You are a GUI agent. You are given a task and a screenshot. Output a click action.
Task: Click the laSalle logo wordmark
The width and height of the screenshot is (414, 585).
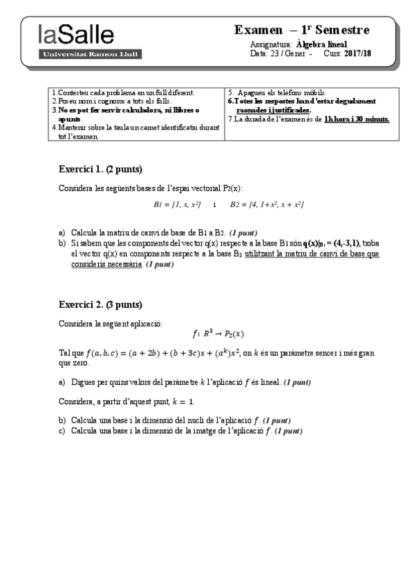tap(76, 35)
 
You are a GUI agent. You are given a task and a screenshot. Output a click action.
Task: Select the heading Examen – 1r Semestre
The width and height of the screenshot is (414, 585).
tap(302, 30)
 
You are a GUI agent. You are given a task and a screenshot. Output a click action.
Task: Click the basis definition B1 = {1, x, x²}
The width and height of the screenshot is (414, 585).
tap(176, 205)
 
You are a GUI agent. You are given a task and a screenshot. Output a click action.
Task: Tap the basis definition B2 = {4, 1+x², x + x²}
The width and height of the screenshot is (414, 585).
tap(267, 205)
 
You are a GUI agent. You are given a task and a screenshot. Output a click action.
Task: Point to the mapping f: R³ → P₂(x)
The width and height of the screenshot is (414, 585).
tap(218, 335)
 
